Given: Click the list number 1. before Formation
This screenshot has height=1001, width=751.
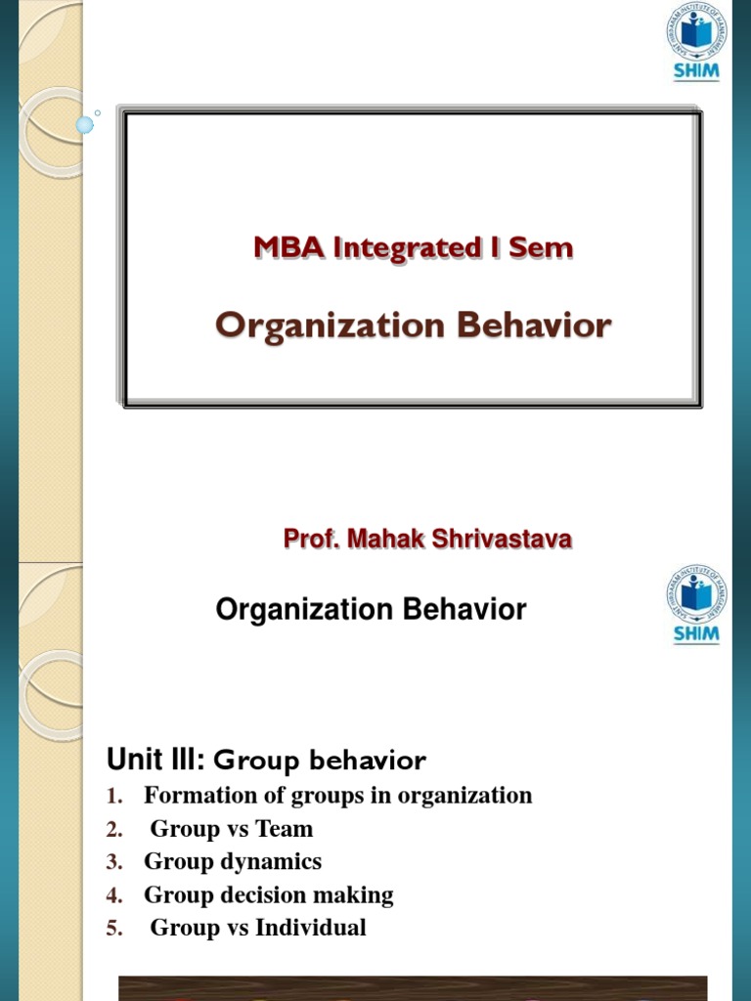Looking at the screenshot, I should pos(114,797).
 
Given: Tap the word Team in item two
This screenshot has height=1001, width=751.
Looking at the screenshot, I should pos(285,829).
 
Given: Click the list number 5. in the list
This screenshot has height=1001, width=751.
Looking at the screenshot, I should pos(114,929).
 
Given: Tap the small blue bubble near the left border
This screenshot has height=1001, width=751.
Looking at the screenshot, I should pos(85,124).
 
